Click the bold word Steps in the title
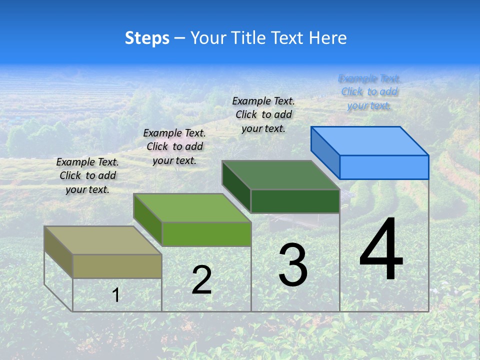(147, 38)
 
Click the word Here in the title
(327, 38)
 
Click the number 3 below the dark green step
(293, 265)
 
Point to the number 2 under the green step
(201, 280)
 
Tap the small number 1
(116, 295)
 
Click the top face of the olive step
(103, 240)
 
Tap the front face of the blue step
(384, 167)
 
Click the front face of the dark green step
(295, 201)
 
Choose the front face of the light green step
(206, 234)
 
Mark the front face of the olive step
(117, 266)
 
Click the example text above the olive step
(87, 175)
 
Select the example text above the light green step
(174, 146)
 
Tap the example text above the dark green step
(263, 114)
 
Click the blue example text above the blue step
(369, 91)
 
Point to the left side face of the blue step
(325, 152)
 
